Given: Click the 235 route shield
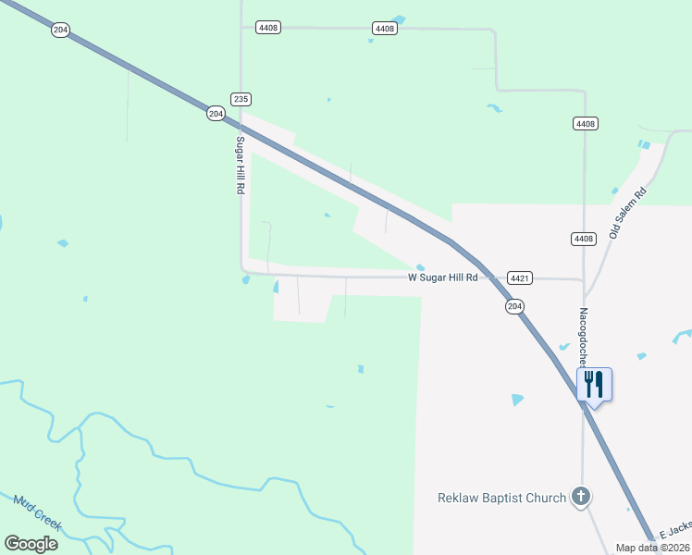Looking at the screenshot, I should coord(241,99).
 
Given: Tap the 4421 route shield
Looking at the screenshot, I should coord(519,277).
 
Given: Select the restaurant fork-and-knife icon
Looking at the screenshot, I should coord(594,383).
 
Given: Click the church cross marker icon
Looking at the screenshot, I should coord(581,498).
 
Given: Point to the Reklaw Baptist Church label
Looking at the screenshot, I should coord(501,498).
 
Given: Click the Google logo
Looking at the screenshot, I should coord(31,543).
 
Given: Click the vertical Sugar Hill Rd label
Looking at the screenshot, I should coord(239,165).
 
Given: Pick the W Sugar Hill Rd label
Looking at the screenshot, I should coord(443,277).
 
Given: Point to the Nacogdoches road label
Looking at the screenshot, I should coord(585,339).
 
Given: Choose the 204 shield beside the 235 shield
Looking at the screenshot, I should coord(216,113).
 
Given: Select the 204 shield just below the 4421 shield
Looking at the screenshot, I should coord(515,306).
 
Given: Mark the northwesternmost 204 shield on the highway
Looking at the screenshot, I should coord(61,30).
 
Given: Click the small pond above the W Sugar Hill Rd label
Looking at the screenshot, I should coord(421,267).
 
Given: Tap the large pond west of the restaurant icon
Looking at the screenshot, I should coord(517,400).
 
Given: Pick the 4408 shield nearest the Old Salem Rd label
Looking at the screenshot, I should coord(583,239).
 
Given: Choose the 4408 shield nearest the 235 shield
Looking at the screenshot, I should coord(269,29).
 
